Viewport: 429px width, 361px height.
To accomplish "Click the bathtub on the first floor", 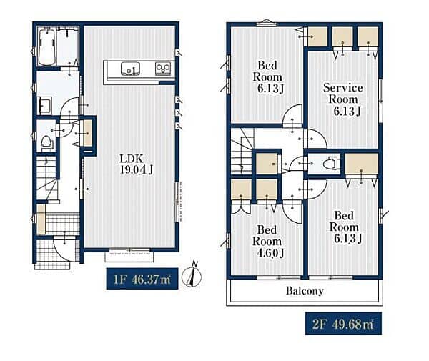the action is (x=47, y=46).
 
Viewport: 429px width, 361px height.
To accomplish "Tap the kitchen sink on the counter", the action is (x=131, y=69).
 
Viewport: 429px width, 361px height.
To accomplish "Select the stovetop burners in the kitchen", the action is (x=163, y=69).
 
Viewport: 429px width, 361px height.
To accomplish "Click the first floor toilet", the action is (x=46, y=143).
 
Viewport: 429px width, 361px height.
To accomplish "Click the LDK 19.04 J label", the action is (x=137, y=164).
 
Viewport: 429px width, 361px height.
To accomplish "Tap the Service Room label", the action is (x=343, y=99).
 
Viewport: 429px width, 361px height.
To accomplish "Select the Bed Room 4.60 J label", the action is (x=267, y=241).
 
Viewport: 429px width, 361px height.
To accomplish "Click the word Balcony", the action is (x=305, y=291).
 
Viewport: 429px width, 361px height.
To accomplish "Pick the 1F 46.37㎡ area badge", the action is (x=142, y=279).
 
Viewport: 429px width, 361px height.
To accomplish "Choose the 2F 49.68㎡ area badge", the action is (x=343, y=324).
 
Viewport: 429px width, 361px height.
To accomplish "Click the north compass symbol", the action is (x=192, y=275).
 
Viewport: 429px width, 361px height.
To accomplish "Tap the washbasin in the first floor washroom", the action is (x=45, y=106).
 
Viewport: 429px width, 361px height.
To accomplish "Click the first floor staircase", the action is (x=47, y=178).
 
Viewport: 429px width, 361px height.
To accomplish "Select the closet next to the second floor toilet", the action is (x=361, y=164).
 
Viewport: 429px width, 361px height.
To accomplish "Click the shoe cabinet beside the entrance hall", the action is (x=41, y=219).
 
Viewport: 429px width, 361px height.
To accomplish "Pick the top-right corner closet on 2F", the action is (x=368, y=36).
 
